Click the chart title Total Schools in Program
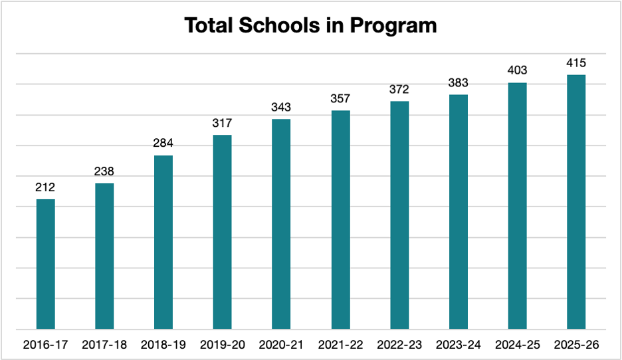click(310, 25)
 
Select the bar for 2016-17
click(46, 264)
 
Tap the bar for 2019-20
click(223, 232)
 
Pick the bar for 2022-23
click(399, 215)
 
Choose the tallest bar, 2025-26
click(575, 202)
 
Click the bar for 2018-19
click(163, 242)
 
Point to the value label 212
click(46, 187)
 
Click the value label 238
click(104, 171)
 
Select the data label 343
click(281, 107)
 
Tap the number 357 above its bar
click(340, 98)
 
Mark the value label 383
click(458, 82)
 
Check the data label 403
click(517, 70)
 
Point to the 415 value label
click(575, 62)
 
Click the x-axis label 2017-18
click(104, 345)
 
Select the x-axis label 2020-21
click(281, 345)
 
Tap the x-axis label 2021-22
click(340, 345)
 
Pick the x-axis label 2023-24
click(458, 345)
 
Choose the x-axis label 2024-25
click(517, 345)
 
